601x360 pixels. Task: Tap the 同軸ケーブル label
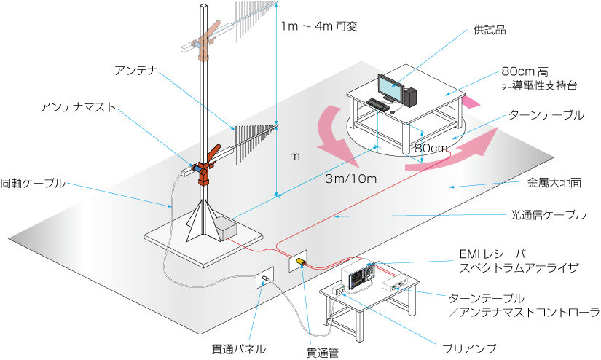click(33, 183)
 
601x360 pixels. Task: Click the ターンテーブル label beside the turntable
click(546, 115)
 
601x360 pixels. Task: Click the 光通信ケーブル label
click(547, 214)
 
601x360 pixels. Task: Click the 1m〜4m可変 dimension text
click(321, 27)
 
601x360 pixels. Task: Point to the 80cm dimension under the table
click(430, 147)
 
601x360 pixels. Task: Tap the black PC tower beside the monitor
click(411, 95)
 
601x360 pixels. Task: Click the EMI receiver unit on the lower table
click(360, 275)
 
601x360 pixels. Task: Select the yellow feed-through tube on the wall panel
click(302, 261)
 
